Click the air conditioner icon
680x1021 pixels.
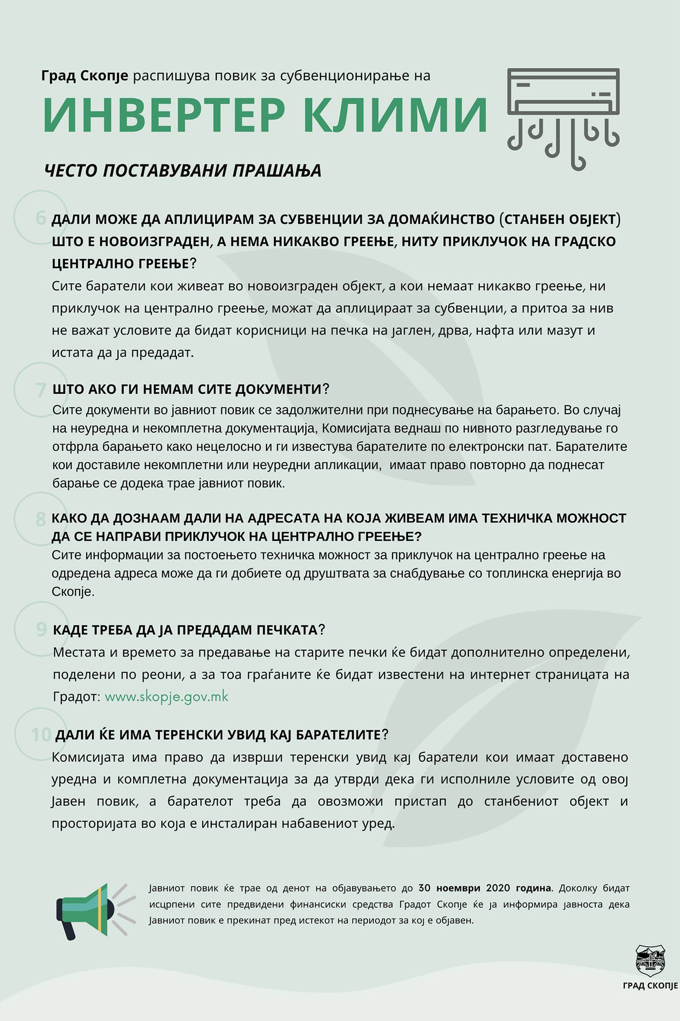click(x=563, y=117)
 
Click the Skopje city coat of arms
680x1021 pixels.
click(x=650, y=960)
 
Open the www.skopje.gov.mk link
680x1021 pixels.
click(x=166, y=696)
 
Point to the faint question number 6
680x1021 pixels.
click(x=41, y=218)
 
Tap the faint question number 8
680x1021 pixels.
click(x=41, y=519)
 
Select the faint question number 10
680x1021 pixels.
click(x=41, y=734)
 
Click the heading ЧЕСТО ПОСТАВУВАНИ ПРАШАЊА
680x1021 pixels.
click(x=183, y=171)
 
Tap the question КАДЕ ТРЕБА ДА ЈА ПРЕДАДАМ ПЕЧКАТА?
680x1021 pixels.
click(x=189, y=630)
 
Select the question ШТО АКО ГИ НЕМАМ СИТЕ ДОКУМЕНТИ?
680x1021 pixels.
click(x=191, y=389)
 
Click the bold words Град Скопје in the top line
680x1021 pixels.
click(x=85, y=76)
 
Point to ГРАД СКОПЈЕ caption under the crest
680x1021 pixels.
click(x=650, y=986)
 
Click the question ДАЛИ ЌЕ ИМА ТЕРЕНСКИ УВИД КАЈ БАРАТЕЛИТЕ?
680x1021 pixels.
click(x=222, y=735)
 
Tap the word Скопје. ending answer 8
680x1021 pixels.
click(x=73, y=592)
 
